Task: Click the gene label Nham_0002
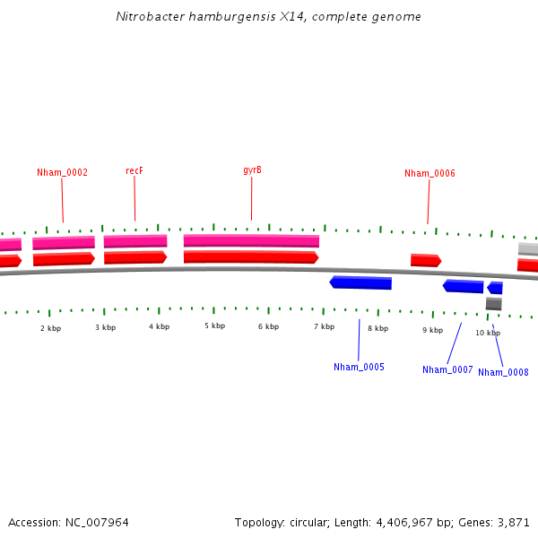point(62,172)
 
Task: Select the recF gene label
point(134,170)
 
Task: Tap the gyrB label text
point(252,170)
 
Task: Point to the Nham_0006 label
point(430,174)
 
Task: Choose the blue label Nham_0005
point(359,367)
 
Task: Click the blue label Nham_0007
point(447,369)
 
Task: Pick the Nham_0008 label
point(503,372)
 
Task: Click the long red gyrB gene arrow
point(251,257)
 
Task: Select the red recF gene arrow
point(135,257)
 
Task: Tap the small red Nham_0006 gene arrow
point(426,260)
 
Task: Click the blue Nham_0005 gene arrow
point(360,282)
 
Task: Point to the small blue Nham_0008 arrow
point(495,288)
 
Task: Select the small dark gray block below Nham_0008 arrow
point(493,304)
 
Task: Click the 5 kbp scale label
point(214,325)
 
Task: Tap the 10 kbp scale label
point(487,333)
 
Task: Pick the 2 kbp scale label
point(50,328)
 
